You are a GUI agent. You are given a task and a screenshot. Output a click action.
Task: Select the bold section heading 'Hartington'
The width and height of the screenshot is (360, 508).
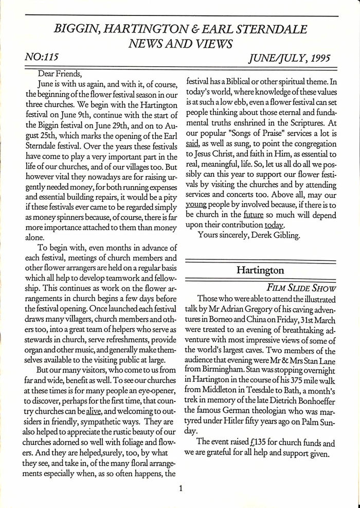(x=260, y=270)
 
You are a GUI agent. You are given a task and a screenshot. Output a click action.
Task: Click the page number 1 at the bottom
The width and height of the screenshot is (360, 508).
(x=181, y=488)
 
